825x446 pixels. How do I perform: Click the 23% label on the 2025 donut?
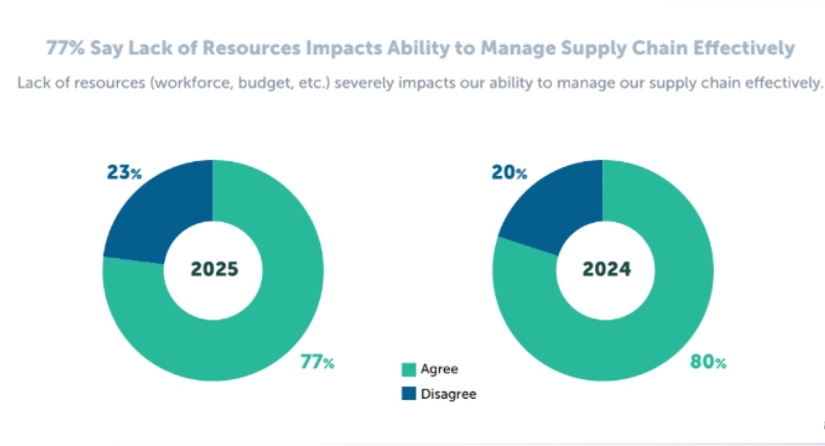click(x=125, y=173)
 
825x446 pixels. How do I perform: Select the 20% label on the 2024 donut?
click(x=509, y=173)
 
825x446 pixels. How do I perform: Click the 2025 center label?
click(x=213, y=269)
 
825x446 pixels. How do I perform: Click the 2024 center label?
click(x=603, y=269)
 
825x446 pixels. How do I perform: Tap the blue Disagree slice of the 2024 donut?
click(x=550, y=201)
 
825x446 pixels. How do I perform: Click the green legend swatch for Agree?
click(x=409, y=370)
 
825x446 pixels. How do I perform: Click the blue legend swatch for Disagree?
click(x=409, y=393)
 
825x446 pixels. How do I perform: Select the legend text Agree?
click(x=439, y=370)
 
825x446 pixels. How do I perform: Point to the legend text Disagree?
click(x=448, y=393)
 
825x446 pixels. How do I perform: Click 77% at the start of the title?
click(x=66, y=47)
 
